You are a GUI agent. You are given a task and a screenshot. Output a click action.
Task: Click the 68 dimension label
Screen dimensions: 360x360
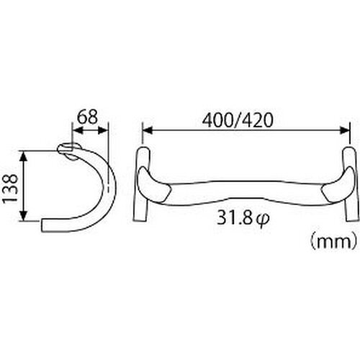tap(88, 117)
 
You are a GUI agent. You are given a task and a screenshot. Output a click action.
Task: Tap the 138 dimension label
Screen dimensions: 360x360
tap(10, 189)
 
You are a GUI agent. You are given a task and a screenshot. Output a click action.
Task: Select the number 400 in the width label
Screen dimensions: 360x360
tap(218, 120)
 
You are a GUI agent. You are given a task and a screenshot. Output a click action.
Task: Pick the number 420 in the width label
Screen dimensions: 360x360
tap(258, 120)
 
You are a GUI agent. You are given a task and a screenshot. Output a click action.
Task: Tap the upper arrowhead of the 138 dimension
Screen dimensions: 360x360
tap(23, 156)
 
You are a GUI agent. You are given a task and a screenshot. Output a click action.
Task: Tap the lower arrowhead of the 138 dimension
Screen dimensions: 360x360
tap(23, 215)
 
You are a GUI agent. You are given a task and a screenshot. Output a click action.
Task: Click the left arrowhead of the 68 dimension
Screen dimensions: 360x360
tap(77, 131)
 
